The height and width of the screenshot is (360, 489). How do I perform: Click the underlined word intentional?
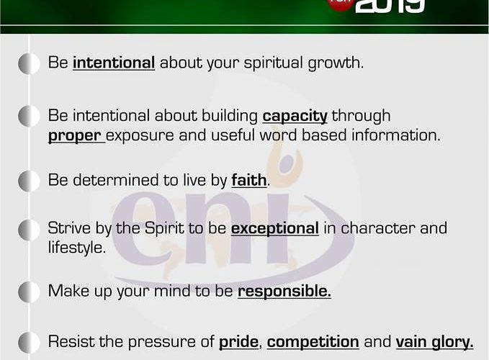114,63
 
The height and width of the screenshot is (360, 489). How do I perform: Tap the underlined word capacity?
295,117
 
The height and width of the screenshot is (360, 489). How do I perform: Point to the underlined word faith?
249,181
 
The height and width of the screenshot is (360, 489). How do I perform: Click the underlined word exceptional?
275,229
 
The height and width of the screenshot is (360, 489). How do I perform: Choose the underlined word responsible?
284,292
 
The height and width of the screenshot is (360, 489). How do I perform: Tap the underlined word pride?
238,342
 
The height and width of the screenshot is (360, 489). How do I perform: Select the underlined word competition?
313,342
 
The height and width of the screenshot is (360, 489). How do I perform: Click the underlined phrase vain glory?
434,342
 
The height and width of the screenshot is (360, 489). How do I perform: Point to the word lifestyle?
77,248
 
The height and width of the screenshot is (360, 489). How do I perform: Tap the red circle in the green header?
340,4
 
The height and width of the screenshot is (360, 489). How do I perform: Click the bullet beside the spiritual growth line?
29,63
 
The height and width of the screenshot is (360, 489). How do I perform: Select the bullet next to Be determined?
29,181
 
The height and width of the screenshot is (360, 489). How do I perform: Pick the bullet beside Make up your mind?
29,292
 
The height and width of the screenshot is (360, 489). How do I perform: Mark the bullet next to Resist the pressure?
29,343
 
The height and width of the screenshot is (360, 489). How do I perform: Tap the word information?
396,135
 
